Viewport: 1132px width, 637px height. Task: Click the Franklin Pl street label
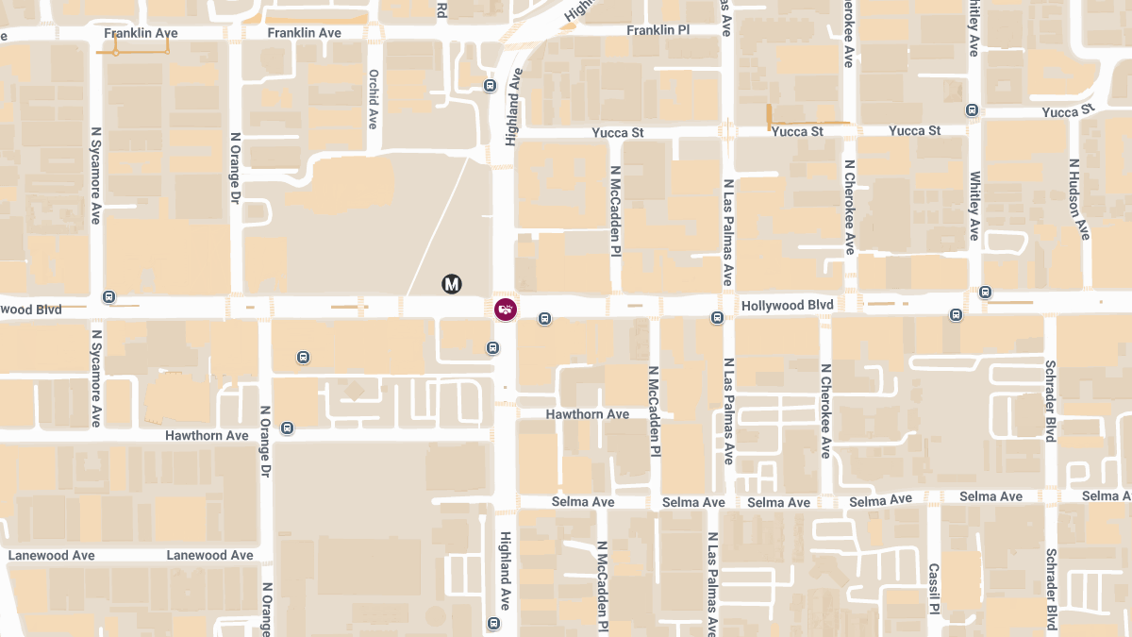(658, 30)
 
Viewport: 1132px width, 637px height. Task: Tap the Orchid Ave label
(374, 99)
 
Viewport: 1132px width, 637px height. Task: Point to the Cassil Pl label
(933, 587)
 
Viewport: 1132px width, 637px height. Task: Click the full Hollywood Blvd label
(788, 306)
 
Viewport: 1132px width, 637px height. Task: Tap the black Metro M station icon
(452, 283)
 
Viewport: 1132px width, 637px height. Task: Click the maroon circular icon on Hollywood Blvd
(506, 309)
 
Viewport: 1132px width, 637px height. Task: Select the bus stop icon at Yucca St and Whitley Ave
(973, 109)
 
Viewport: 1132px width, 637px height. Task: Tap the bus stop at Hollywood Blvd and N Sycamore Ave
(109, 296)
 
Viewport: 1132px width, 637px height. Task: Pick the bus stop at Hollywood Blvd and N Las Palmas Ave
(717, 318)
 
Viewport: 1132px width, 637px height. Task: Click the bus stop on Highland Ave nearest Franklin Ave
(490, 86)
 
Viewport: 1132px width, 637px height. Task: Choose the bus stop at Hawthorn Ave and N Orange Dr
(288, 428)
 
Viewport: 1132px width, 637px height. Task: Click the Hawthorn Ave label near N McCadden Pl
(588, 414)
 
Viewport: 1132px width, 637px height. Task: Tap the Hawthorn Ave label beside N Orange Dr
(207, 436)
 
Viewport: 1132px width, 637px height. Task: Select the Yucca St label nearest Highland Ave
(618, 133)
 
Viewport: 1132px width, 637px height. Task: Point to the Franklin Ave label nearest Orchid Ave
(304, 33)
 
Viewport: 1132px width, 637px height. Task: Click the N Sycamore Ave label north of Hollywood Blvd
(95, 176)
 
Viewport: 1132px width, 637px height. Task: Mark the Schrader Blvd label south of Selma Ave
(1051, 588)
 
